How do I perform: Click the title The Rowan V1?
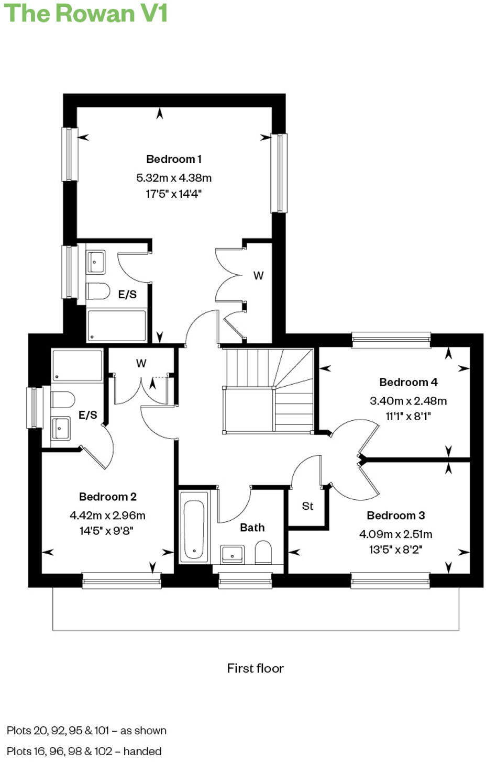coord(85,13)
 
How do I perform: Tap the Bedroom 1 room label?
coord(173,159)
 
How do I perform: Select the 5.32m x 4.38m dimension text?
coord(173,178)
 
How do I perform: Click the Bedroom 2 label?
coord(107,497)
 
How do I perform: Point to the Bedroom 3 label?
coord(395,516)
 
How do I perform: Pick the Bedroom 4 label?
coord(408,382)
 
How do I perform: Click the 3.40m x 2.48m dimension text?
coord(408,401)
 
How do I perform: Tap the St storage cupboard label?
coord(307,506)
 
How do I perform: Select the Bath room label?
coord(252,528)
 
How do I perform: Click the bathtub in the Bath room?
coord(194,529)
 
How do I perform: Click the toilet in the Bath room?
coord(263,553)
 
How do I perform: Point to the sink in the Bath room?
coord(232,554)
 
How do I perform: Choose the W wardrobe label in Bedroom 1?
coord(258,275)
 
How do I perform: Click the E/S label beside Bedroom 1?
coord(127,295)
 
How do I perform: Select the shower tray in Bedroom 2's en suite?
coord(78,366)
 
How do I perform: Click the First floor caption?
coord(255,668)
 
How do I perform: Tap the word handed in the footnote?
coord(142,751)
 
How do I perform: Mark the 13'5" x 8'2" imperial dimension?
coord(395,550)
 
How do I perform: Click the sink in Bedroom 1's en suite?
coord(95,262)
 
